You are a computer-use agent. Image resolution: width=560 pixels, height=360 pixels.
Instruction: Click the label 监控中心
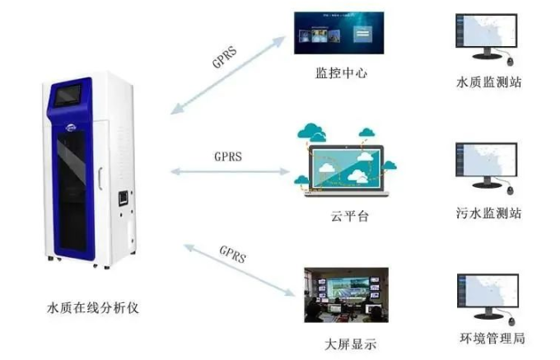click(340, 72)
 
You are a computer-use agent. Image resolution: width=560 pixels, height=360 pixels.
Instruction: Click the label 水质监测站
click(488, 82)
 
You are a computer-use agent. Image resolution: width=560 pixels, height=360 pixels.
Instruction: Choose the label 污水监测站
click(488, 213)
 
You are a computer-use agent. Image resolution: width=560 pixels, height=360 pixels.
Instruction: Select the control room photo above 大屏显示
click(341, 295)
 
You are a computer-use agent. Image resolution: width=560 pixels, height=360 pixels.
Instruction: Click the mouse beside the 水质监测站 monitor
click(511, 62)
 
